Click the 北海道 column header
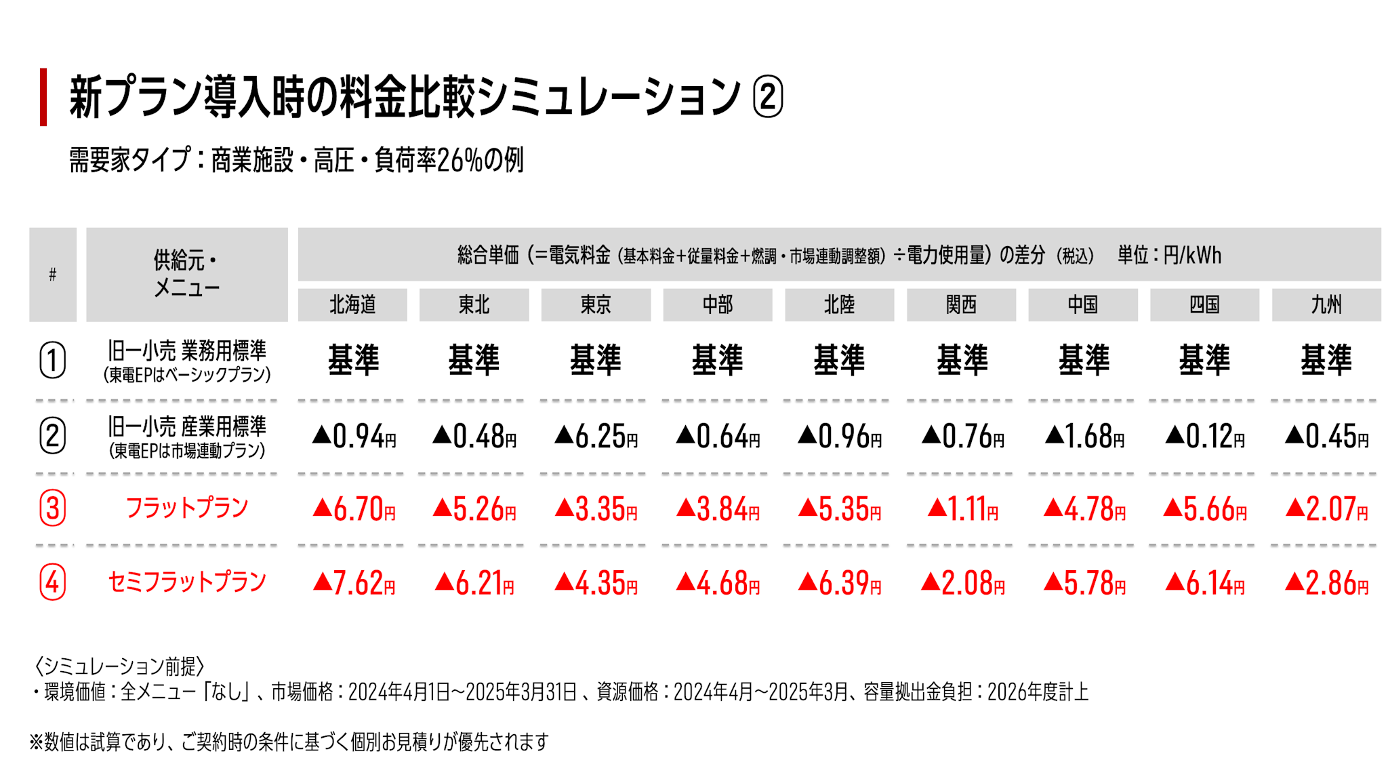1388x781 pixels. (x=352, y=305)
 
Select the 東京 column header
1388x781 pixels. (x=596, y=305)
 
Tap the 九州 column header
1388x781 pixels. (x=1326, y=305)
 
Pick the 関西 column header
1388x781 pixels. (x=961, y=305)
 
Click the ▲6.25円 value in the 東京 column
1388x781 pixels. (x=596, y=437)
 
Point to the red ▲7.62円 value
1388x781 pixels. (x=354, y=583)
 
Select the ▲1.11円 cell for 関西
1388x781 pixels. (x=962, y=509)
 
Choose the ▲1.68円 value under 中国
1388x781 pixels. (x=1084, y=437)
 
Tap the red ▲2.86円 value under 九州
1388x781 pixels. (x=1326, y=583)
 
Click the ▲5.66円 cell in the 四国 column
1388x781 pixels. (x=1204, y=509)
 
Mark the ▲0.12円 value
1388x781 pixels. (x=1204, y=437)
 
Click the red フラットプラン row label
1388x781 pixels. (x=187, y=508)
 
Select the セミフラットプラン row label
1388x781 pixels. (x=187, y=582)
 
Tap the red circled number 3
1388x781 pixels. (x=53, y=508)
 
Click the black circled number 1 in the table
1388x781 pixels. (x=53, y=360)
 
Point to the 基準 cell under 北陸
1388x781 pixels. (x=839, y=360)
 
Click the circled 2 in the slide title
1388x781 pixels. (x=768, y=97)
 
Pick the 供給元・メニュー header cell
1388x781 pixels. (x=187, y=275)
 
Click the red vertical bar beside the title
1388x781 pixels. (x=43, y=97)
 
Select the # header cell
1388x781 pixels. (x=53, y=275)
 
